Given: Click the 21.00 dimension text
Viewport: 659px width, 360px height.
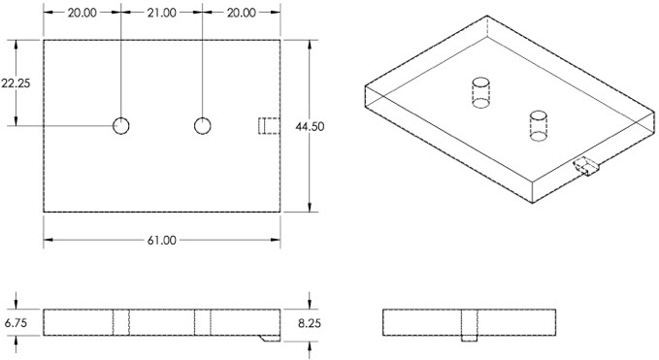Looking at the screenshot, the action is [161, 13].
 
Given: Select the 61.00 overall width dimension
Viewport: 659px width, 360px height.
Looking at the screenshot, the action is [162, 241].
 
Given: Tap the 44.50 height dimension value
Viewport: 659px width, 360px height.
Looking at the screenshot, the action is [310, 126].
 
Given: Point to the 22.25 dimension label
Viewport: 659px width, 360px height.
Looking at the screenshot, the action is [16, 83].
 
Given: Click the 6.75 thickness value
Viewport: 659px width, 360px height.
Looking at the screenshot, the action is [16, 322].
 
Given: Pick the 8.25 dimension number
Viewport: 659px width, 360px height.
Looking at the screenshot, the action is [310, 323].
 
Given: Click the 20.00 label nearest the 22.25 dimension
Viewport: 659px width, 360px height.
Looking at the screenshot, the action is [82, 13].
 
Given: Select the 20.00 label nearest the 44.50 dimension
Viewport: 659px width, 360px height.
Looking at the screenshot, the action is [242, 13].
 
